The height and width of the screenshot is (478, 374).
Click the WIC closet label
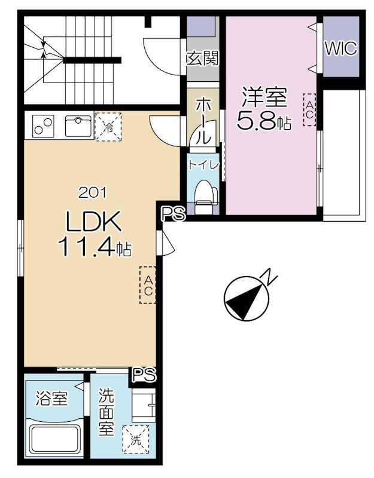[340, 48]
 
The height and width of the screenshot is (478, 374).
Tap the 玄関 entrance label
[203, 59]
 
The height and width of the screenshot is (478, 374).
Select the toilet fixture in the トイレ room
[204, 196]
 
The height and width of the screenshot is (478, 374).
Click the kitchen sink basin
[79, 127]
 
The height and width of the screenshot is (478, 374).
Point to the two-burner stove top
[44, 126]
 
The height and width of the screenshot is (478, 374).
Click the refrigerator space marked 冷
[108, 127]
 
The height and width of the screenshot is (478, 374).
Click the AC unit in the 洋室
[309, 110]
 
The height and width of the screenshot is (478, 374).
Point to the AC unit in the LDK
[148, 285]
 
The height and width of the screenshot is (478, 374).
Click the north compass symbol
[247, 298]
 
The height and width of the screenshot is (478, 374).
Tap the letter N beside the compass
[268, 277]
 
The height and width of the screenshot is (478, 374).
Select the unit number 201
[93, 192]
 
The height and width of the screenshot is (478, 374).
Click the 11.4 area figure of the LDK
[87, 246]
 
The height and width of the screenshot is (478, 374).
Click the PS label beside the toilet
[174, 214]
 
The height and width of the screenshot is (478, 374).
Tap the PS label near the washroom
[144, 375]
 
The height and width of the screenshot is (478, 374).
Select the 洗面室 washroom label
[106, 412]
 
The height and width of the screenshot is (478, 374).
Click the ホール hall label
[203, 121]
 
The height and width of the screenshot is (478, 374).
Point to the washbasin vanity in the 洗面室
[144, 406]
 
